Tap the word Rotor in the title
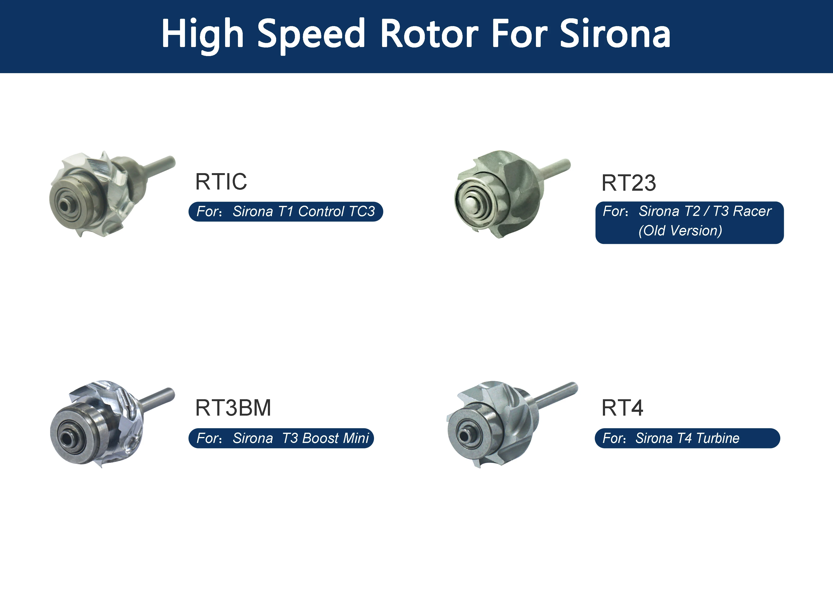[x=430, y=33]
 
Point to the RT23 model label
[x=629, y=183]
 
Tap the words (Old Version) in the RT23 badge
[x=680, y=230]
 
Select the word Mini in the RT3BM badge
[x=356, y=438]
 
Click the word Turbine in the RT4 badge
[x=718, y=438]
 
